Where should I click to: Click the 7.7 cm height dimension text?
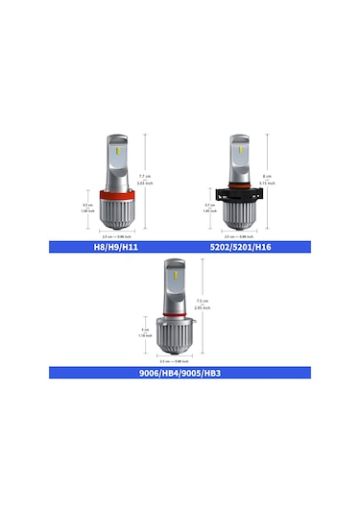click(x=145, y=180)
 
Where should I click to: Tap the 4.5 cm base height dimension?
click(x=86, y=208)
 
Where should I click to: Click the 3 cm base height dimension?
click(x=145, y=332)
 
